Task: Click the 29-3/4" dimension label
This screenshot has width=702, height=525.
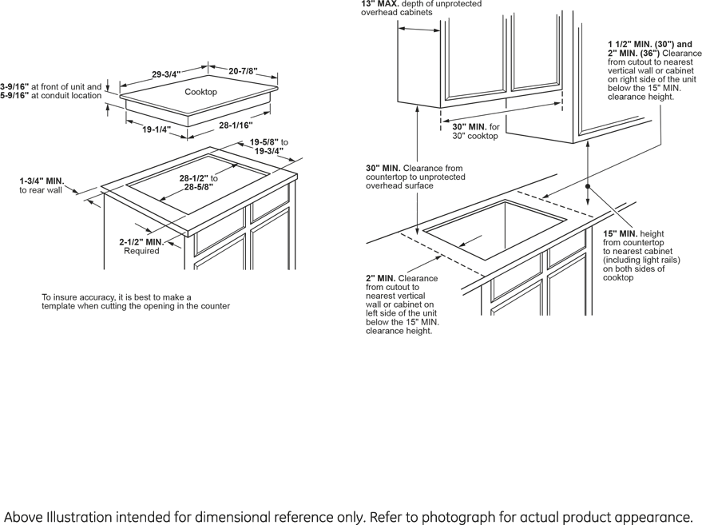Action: pyautogui.click(x=166, y=74)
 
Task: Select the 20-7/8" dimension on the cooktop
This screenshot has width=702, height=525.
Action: pyautogui.click(x=243, y=71)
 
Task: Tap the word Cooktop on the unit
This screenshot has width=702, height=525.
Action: pyautogui.click(x=200, y=92)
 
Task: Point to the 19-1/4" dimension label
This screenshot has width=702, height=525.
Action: pyautogui.click(x=157, y=129)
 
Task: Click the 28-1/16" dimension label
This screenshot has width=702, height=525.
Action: pyautogui.click(x=236, y=125)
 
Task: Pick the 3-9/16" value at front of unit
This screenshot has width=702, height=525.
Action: pyautogui.click(x=14, y=86)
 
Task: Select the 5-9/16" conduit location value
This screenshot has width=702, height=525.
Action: pyautogui.click(x=14, y=96)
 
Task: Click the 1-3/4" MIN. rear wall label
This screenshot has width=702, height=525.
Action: pyautogui.click(x=42, y=181)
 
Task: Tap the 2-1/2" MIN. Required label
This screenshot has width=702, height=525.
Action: pyautogui.click(x=141, y=242)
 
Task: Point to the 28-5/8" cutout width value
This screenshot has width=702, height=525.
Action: pyautogui.click(x=199, y=187)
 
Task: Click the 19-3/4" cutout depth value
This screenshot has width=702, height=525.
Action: pyautogui.click(x=269, y=151)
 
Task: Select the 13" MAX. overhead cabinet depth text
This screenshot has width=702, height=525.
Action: pyautogui.click(x=379, y=4)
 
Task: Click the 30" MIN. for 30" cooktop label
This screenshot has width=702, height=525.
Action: pyautogui.click(x=470, y=127)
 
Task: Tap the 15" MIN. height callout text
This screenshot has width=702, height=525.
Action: pyautogui.click(x=621, y=233)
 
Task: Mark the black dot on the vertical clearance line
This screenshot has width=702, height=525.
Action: pyautogui.click(x=588, y=185)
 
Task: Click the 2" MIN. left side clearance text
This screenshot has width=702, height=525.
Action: pyautogui.click(x=380, y=278)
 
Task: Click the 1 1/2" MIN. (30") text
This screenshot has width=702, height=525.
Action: pyautogui.click(x=636, y=44)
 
